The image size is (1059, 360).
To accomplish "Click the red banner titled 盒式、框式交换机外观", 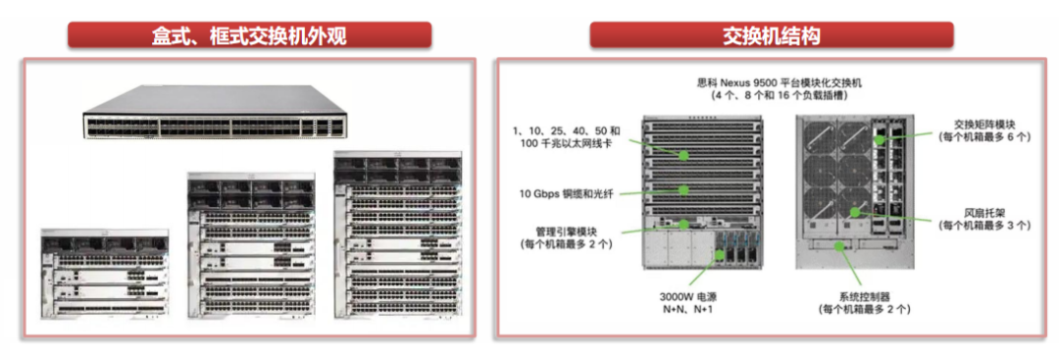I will point(249,36).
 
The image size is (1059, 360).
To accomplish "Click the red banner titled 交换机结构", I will point(771,36).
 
